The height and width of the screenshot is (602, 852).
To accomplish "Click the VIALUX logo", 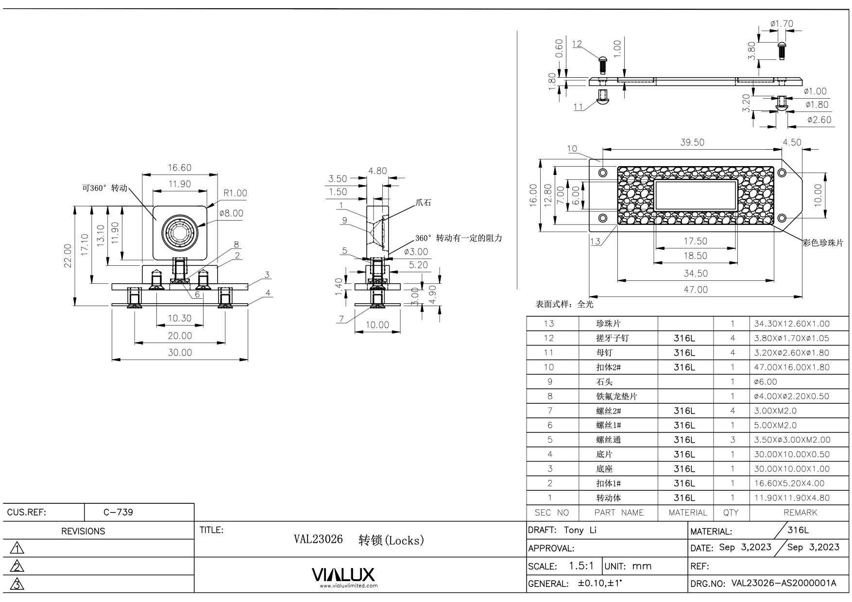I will tap(343, 576).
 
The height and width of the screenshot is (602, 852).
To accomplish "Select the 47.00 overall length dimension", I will tap(696, 290).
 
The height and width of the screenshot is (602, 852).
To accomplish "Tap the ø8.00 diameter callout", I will tap(231, 213).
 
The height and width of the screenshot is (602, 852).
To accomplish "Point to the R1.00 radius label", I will tap(235, 193).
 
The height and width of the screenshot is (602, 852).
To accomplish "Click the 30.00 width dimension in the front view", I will tap(180, 353).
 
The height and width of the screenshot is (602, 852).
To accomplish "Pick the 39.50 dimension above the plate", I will tap(692, 142).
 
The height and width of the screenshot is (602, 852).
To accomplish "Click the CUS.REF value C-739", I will tap(118, 512).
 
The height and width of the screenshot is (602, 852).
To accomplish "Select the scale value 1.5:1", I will tap(581, 566).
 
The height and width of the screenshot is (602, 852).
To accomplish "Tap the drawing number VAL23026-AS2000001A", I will tap(784, 583).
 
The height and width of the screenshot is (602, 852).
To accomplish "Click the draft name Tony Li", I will tap(580, 530).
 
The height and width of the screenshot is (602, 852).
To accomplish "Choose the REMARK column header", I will tap(800, 513).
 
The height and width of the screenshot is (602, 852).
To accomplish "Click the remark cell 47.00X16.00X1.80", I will tap(791, 367).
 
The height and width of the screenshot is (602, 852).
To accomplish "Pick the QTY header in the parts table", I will tap(731, 513).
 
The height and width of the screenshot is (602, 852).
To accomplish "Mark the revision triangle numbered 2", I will tap(17, 567).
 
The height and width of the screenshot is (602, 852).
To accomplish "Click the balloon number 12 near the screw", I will tap(577, 44).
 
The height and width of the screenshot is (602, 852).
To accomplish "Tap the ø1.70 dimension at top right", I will tap(782, 23).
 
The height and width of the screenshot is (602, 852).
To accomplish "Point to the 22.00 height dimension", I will tap(68, 256).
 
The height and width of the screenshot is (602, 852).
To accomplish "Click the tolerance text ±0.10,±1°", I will tap(599, 584).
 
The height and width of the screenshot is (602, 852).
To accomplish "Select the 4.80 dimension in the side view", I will tap(377, 171).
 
